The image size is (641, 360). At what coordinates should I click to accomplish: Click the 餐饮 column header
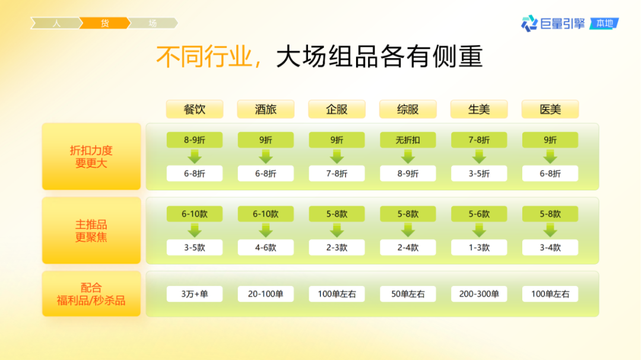[194, 109]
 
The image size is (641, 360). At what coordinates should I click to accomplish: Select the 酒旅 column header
[265, 109]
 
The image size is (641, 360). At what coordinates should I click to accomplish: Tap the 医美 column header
[550, 109]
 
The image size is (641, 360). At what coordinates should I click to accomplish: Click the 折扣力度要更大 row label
[91, 157]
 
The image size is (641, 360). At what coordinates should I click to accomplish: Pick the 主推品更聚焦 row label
[91, 231]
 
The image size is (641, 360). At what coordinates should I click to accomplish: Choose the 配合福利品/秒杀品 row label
[91, 294]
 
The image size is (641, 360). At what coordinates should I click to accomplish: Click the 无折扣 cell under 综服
[408, 140]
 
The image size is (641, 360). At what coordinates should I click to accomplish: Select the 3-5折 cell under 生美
[479, 174]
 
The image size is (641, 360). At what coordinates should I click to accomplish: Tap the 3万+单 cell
[194, 294]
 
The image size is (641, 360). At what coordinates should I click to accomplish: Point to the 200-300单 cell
[479, 294]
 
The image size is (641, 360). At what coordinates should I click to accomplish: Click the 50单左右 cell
[408, 294]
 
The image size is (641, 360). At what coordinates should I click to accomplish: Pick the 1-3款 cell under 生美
[479, 247]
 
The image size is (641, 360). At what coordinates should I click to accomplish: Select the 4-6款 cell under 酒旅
[265, 247]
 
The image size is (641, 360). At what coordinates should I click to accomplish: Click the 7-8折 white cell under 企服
[337, 174]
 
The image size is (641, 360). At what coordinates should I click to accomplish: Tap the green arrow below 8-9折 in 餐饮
[194, 157]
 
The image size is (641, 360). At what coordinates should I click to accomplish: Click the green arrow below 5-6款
[479, 230]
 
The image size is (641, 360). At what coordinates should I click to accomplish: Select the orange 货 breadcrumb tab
[105, 23]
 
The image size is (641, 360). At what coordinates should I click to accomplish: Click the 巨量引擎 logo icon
[529, 24]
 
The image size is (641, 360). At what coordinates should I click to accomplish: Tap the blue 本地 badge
[604, 24]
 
